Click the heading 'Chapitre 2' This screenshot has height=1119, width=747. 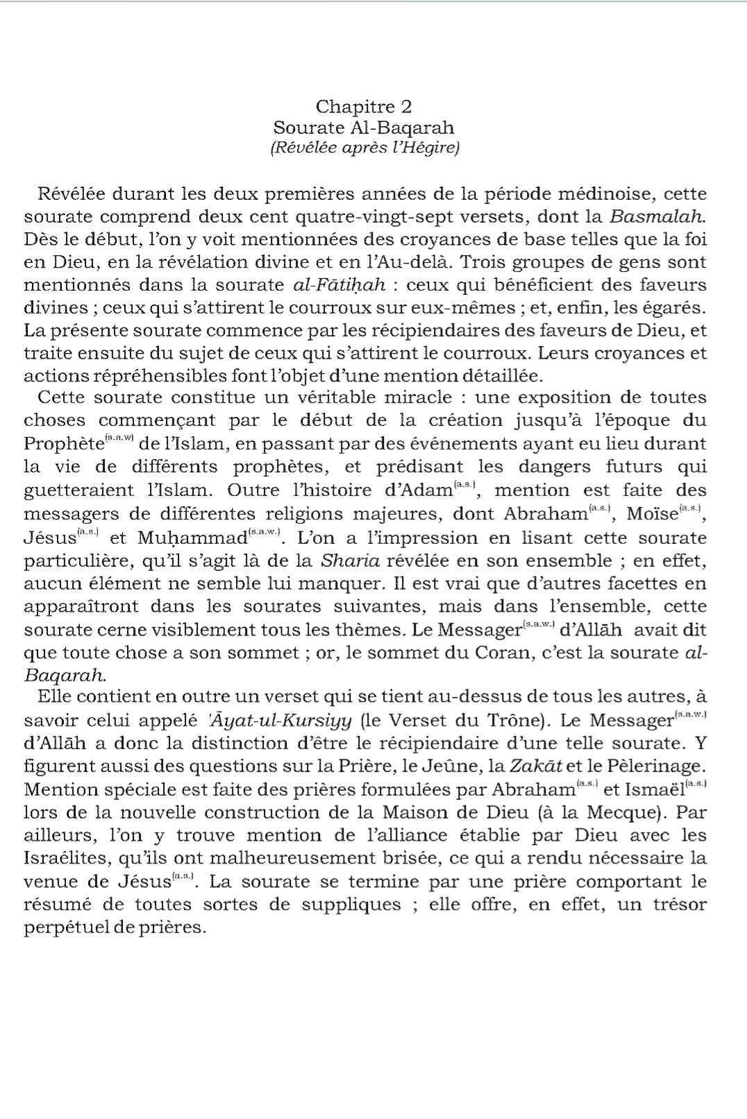coord(363,107)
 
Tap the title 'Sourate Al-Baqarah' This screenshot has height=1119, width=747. coord(363,128)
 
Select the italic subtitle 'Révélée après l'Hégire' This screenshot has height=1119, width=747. coord(363,148)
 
